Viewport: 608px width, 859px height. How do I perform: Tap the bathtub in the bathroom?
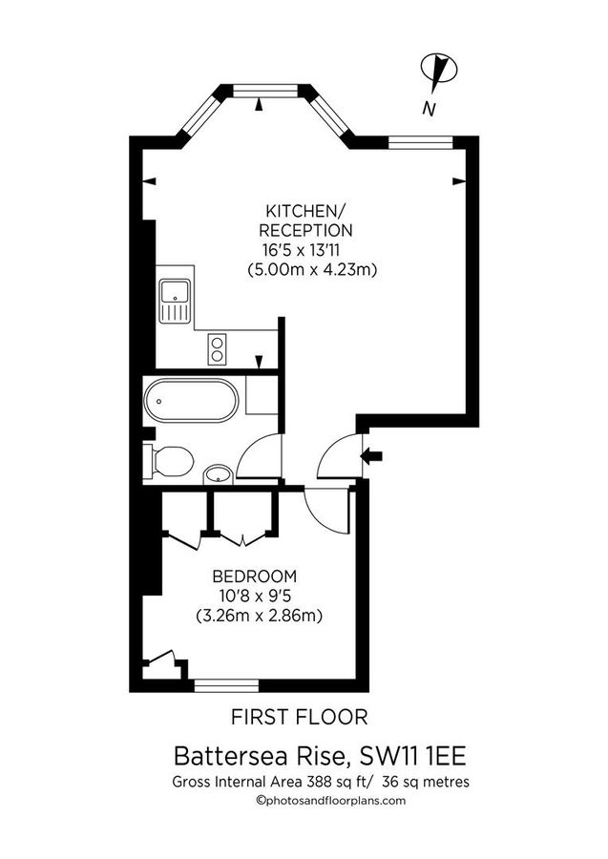191,401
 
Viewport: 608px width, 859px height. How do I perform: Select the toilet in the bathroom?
168,462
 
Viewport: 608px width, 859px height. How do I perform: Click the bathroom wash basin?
219,473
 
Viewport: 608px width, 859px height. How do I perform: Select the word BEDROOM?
255,576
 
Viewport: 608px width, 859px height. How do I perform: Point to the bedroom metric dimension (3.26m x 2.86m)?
258,616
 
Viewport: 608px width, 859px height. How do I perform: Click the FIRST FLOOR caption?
301,716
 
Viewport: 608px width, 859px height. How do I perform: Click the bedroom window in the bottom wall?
225,683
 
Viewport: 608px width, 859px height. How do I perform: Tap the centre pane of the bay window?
260,92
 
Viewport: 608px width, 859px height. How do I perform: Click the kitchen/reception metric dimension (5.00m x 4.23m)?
313,270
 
